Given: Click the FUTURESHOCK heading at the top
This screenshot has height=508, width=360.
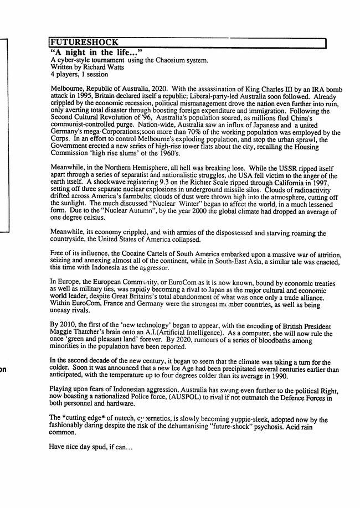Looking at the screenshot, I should (x=84, y=43).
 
